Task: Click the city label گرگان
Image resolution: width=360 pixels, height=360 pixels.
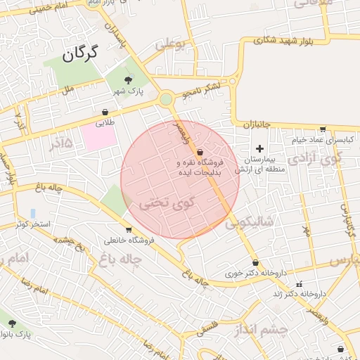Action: (x=89, y=53)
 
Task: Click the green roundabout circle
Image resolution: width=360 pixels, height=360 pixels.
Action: (x=166, y=99)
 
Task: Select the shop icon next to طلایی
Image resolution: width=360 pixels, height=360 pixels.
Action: (x=105, y=111)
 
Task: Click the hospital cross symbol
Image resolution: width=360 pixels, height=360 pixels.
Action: (x=260, y=148)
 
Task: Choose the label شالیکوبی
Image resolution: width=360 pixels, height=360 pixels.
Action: (x=253, y=223)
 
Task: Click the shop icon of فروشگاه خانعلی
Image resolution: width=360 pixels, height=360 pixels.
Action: (x=129, y=229)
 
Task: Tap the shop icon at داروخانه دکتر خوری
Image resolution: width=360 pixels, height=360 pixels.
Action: (x=255, y=262)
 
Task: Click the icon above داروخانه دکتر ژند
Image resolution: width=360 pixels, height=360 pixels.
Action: (x=299, y=285)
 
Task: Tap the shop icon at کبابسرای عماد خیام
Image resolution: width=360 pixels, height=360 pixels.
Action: (x=323, y=129)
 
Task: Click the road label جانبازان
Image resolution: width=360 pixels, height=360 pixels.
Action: (x=257, y=124)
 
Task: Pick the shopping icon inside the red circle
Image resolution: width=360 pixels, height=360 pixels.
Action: (x=200, y=152)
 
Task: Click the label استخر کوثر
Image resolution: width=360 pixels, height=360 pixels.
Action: (x=33, y=224)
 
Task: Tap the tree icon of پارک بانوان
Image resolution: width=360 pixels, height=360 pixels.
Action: (x=12, y=323)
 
